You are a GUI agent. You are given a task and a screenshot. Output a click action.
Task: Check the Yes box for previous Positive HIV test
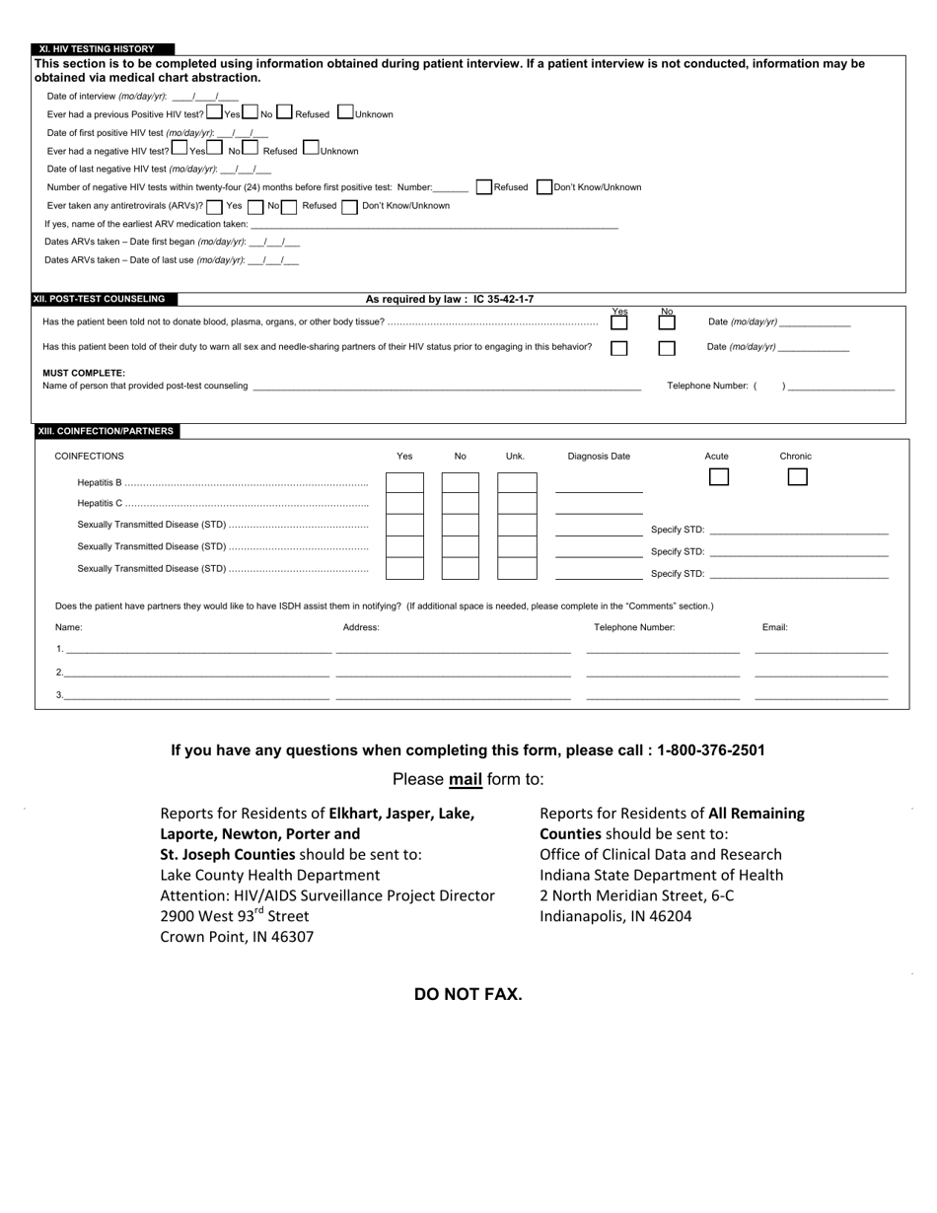click(x=215, y=112)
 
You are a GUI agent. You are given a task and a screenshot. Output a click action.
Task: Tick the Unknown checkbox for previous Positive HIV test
click(x=345, y=112)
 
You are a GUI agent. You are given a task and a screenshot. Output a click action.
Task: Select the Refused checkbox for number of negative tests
click(x=483, y=186)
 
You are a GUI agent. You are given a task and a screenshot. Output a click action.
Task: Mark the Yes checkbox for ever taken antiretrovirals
click(x=214, y=206)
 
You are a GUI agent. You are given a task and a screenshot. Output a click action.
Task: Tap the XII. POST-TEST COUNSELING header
click(x=104, y=299)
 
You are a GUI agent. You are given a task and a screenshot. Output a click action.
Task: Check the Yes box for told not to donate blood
click(x=618, y=322)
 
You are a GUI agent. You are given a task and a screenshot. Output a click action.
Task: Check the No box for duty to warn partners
click(x=667, y=348)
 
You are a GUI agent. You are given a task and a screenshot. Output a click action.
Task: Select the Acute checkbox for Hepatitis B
click(x=719, y=477)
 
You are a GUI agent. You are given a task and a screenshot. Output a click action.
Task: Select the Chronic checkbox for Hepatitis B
click(x=797, y=477)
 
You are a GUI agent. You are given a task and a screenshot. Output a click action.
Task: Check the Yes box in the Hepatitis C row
click(x=404, y=504)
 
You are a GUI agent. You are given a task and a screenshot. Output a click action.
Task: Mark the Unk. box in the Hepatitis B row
click(x=516, y=482)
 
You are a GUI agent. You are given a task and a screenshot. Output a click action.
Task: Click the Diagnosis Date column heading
click(x=599, y=457)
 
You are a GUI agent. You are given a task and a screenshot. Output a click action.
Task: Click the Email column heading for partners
click(x=774, y=627)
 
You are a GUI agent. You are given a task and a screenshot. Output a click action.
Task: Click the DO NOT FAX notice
click(x=468, y=994)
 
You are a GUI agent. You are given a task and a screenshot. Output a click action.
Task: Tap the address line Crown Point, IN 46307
click(x=237, y=937)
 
